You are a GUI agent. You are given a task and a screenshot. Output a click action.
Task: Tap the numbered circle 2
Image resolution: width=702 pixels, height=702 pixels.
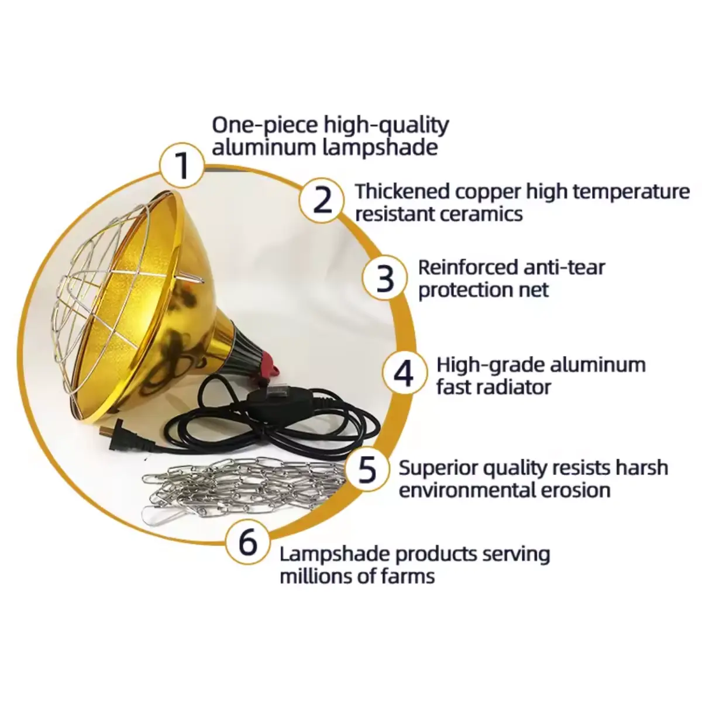pos(322,200)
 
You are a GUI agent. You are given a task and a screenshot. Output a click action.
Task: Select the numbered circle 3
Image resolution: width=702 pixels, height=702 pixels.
pos(385,278)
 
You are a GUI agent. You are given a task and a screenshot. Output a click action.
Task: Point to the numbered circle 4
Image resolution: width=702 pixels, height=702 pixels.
pos(404,373)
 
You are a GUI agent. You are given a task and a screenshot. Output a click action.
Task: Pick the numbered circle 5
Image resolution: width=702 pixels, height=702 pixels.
pos(367,469)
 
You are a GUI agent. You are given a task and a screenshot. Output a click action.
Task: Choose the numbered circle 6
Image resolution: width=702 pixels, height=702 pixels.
pos(247,542)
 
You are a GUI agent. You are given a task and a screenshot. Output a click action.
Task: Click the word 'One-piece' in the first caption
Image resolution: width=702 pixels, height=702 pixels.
pos(265,126)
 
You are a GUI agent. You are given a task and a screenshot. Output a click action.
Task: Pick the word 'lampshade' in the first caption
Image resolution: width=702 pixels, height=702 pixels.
pos(380,149)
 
